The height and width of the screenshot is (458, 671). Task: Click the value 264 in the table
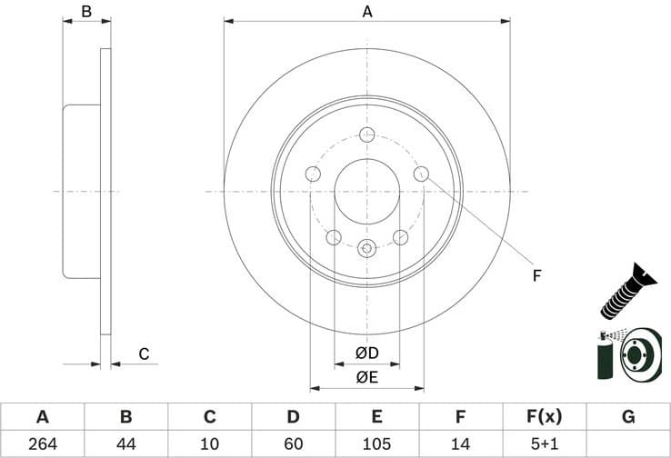coord(42,443)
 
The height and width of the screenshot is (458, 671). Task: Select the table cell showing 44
coord(126,443)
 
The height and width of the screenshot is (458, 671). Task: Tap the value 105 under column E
coord(377,443)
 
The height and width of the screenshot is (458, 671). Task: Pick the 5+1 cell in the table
coord(545,443)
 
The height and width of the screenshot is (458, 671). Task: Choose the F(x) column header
coord(545,417)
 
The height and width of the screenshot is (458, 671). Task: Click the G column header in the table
coord(628,417)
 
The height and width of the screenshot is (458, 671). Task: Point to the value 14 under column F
coord(461,443)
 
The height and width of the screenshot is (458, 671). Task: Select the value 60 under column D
coord(294,443)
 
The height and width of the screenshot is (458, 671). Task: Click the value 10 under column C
coord(210,443)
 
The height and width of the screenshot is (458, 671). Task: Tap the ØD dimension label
coord(366,352)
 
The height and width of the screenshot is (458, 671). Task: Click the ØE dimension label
coord(366,377)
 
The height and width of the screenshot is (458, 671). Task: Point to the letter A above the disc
coord(367,12)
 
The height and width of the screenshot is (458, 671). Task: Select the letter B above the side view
coord(86,12)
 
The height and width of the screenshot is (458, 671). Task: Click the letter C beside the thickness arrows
coord(143,353)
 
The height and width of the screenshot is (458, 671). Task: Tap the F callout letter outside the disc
coord(536,274)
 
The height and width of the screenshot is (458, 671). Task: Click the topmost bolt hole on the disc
coord(367,135)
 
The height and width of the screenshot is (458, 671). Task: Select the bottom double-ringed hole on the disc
coord(367,247)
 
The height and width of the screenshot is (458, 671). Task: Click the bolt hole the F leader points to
coord(421,174)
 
